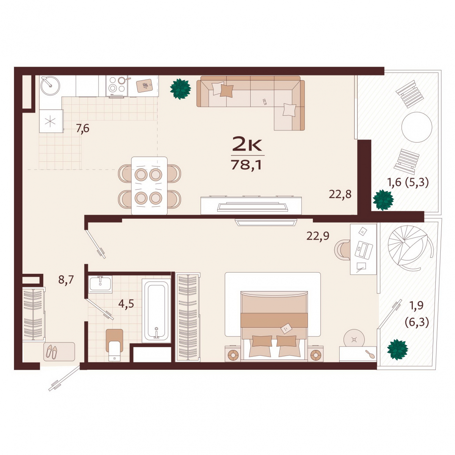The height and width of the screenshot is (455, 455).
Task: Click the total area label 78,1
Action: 246,165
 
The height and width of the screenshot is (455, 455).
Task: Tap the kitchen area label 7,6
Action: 83,129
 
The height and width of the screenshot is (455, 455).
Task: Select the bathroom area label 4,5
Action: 126,304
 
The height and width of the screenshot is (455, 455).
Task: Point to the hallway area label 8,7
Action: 66,280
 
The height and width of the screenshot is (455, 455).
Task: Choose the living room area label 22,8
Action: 340,195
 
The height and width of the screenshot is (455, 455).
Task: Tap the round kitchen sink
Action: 50,86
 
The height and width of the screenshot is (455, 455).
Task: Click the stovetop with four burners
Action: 117,86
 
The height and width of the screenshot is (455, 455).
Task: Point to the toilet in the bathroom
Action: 115,345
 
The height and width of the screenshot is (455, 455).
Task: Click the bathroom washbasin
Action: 100,284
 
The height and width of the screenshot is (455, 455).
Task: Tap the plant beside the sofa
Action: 180,89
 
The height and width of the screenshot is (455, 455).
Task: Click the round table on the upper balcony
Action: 417,127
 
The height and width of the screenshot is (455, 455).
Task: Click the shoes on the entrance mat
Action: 52,352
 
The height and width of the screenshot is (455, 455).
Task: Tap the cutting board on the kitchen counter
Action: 144,85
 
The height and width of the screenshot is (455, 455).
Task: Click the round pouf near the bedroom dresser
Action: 354,340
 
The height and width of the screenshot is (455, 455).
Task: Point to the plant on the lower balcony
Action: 398,350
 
